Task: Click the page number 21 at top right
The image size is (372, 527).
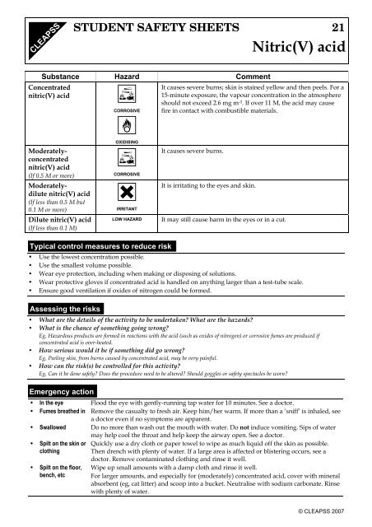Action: (x=346, y=28)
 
